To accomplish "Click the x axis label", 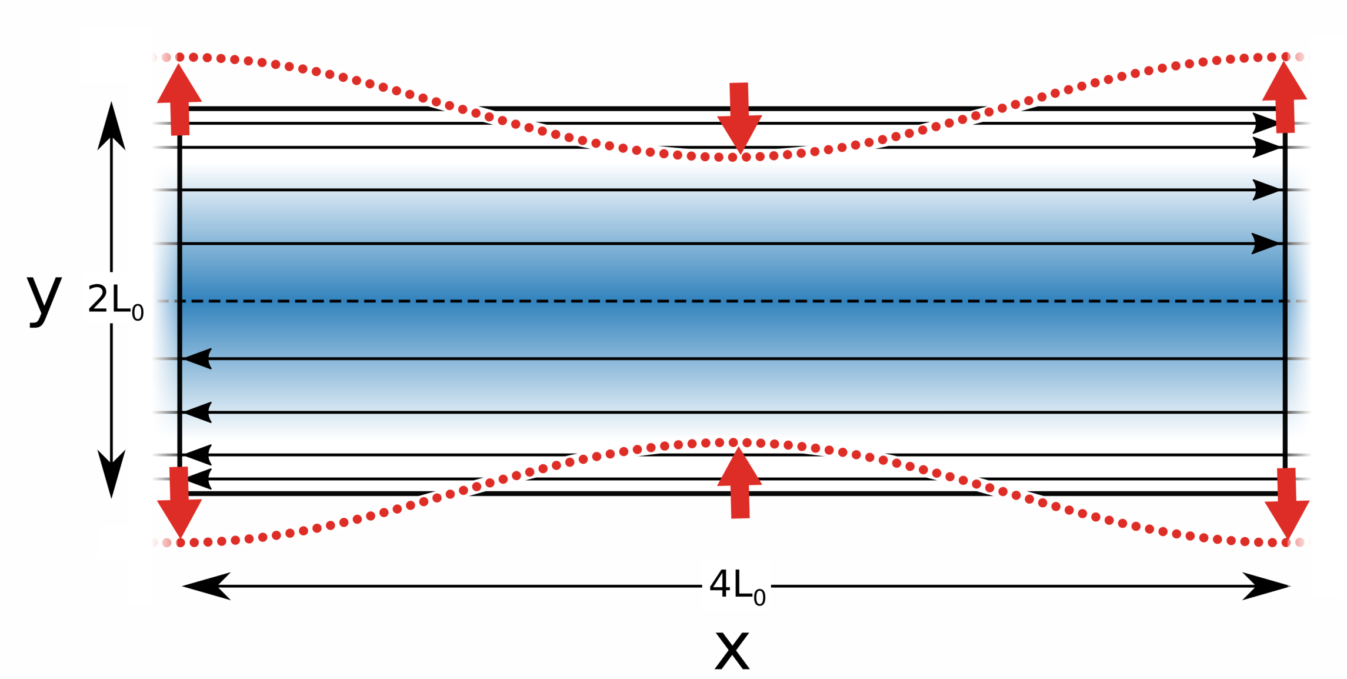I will point(732,651).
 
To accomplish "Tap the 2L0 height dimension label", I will point(115,301).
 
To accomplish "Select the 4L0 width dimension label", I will point(736,586).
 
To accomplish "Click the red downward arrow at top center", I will point(739,117).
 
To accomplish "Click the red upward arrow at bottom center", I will point(739,483).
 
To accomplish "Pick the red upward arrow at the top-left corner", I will point(179,99).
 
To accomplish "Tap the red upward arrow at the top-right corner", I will point(1285,97).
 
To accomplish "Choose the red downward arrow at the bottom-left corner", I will point(179,501).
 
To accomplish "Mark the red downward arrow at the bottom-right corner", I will point(1287,502).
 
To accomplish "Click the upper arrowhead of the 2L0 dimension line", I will point(111,127).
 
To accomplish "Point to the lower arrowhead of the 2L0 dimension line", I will point(111,473).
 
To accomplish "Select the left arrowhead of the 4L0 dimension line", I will point(206,586).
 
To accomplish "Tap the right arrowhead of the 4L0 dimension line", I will point(1265,586).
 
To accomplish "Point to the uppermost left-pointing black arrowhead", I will point(198,358).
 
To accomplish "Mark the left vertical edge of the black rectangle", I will point(179,294).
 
